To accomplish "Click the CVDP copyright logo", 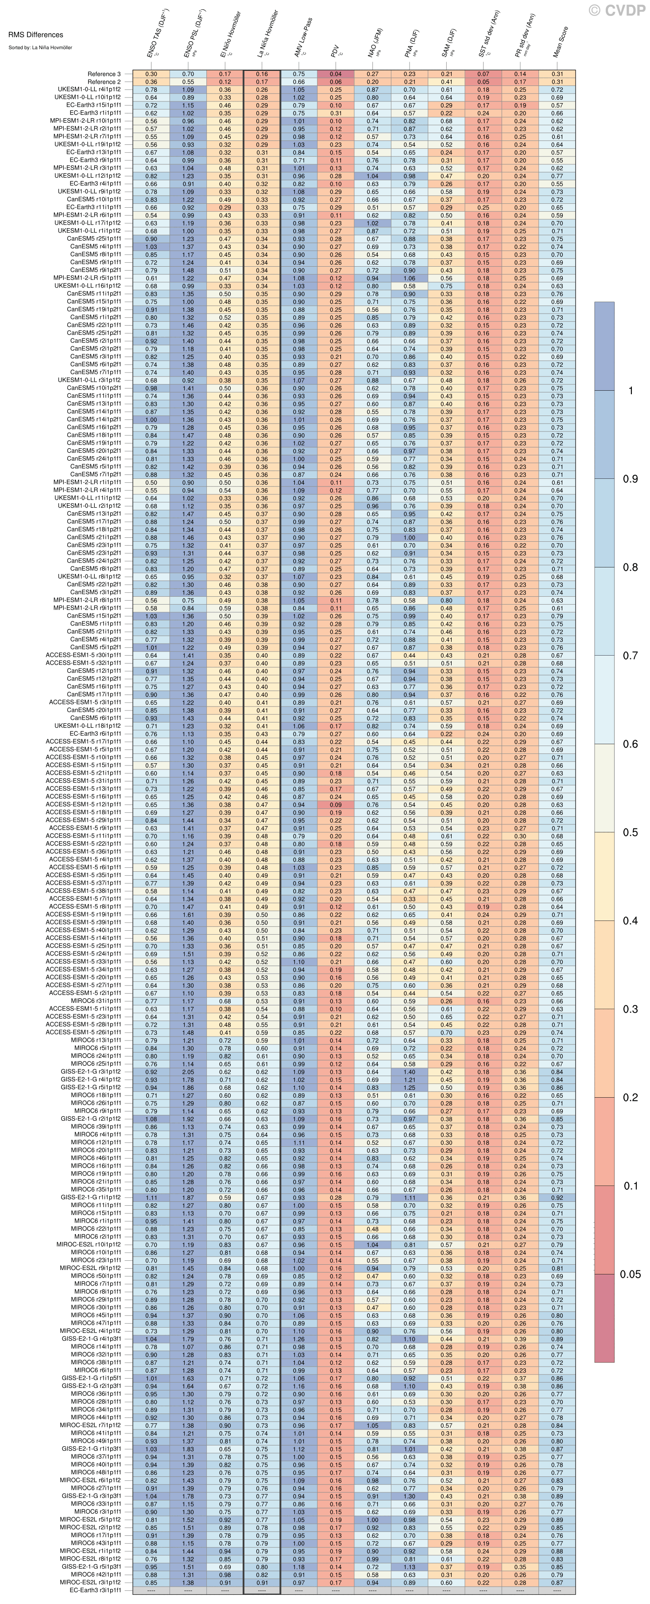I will tap(616, 10).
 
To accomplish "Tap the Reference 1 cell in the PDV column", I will tap(336, 74).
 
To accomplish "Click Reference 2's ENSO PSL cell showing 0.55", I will tap(188, 82).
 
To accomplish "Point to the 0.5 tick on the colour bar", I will tap(630, 832).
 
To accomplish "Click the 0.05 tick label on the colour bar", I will tap(630, 1274).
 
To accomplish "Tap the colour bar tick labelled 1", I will tap(631, 390).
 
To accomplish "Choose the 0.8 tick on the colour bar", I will tap(630, 567).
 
